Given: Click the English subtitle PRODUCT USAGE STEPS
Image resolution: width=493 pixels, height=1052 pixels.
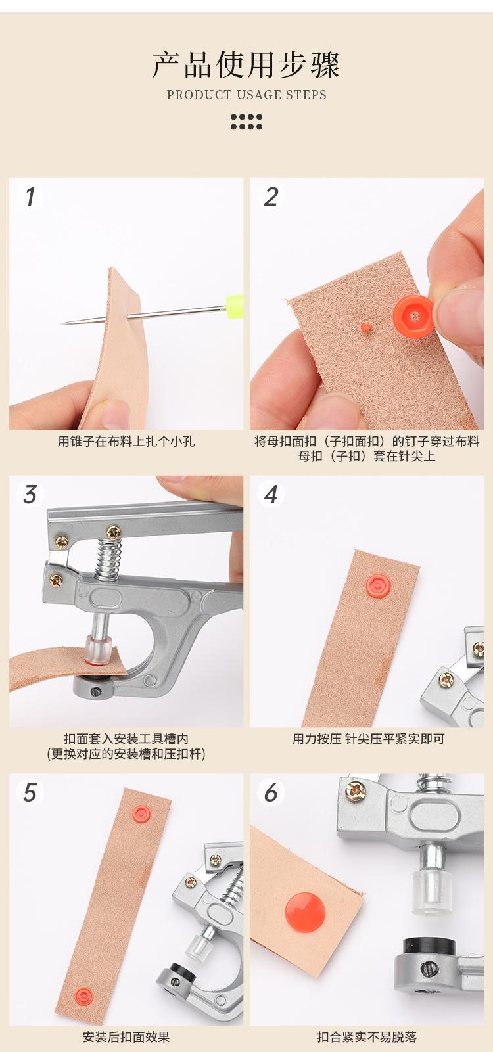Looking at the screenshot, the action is [x=246, y=95].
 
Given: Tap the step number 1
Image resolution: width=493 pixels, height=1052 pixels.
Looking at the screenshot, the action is [x=30, y=196].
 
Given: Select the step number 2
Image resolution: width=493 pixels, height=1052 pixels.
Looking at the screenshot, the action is [x=271, y=196].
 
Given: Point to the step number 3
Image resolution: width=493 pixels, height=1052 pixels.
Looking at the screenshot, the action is [x=30, y=495].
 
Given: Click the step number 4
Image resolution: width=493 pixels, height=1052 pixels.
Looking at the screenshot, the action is [x=271, y=495].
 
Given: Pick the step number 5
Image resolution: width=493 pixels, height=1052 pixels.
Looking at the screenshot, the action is [x=30, y=792].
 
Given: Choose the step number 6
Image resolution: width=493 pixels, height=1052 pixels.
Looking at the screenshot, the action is [x=271, y=792].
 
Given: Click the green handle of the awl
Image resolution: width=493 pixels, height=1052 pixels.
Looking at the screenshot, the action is [x=234, y=303].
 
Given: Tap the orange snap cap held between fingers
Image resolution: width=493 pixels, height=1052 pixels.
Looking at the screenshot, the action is [x=413, y=315].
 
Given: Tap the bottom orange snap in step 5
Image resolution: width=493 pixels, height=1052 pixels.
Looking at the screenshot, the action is [x=83, y=995].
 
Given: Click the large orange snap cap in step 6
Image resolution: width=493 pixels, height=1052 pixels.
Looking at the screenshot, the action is [x=305, y=911].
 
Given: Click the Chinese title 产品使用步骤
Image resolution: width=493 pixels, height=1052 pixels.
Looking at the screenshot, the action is [x=246, y=65].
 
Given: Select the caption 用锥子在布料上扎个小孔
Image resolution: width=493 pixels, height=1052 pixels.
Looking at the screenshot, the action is [x=126, y=442].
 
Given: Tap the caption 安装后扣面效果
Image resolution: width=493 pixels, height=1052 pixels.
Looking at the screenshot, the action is [x=126, y=1036].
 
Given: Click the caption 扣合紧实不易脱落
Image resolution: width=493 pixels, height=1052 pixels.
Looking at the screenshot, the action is [x=367, y=1036].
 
